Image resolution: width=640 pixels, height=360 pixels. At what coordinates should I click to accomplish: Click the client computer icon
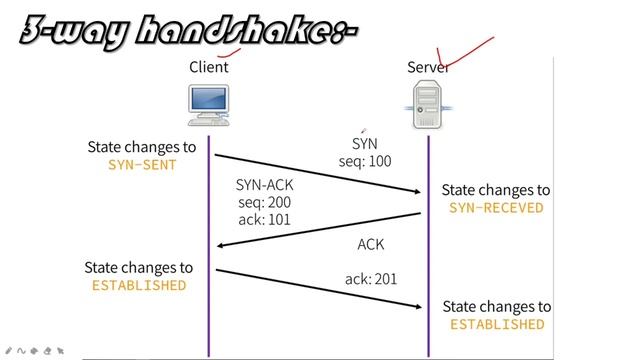208,105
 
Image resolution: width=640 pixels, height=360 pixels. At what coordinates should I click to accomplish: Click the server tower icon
428,105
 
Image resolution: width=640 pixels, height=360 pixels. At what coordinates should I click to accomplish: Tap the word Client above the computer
208,67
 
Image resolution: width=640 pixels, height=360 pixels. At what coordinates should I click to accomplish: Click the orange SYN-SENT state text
142,164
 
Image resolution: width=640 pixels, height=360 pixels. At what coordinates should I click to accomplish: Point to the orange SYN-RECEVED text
496,208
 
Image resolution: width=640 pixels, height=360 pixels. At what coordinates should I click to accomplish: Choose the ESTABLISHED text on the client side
139,285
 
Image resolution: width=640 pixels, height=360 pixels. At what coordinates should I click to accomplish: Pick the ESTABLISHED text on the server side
497,324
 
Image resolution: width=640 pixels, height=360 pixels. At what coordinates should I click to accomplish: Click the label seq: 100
365,161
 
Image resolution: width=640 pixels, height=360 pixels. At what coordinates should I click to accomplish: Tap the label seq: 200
264,202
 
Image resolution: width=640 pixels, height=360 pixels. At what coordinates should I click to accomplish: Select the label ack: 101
264,219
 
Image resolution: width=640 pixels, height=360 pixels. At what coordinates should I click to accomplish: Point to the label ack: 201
371,279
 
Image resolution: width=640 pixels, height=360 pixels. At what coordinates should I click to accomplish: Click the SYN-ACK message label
265,185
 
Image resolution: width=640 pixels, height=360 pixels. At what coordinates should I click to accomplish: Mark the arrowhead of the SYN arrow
418,191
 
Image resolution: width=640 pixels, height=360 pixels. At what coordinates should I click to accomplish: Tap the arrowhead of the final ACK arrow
418,307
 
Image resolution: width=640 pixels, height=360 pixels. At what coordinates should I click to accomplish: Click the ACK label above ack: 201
370,245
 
